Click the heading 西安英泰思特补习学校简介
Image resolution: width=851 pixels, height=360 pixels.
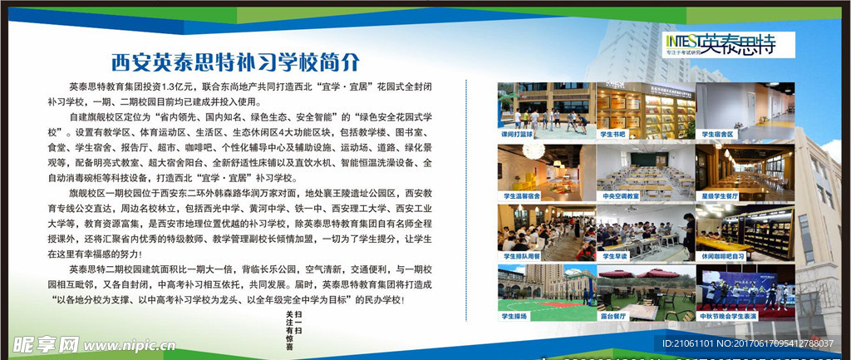[x=236, y=62]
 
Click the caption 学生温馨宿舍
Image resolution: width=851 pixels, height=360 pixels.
[x=517, y=196]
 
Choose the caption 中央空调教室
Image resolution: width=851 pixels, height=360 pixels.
[x=616, y=196]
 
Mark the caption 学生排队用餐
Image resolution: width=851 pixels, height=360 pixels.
[x=517, y=256]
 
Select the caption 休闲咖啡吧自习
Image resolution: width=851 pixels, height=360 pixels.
[x=721, y=256]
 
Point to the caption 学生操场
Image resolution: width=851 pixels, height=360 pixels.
[x=513, y=316]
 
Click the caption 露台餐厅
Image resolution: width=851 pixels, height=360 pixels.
[x=610, y=316]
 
